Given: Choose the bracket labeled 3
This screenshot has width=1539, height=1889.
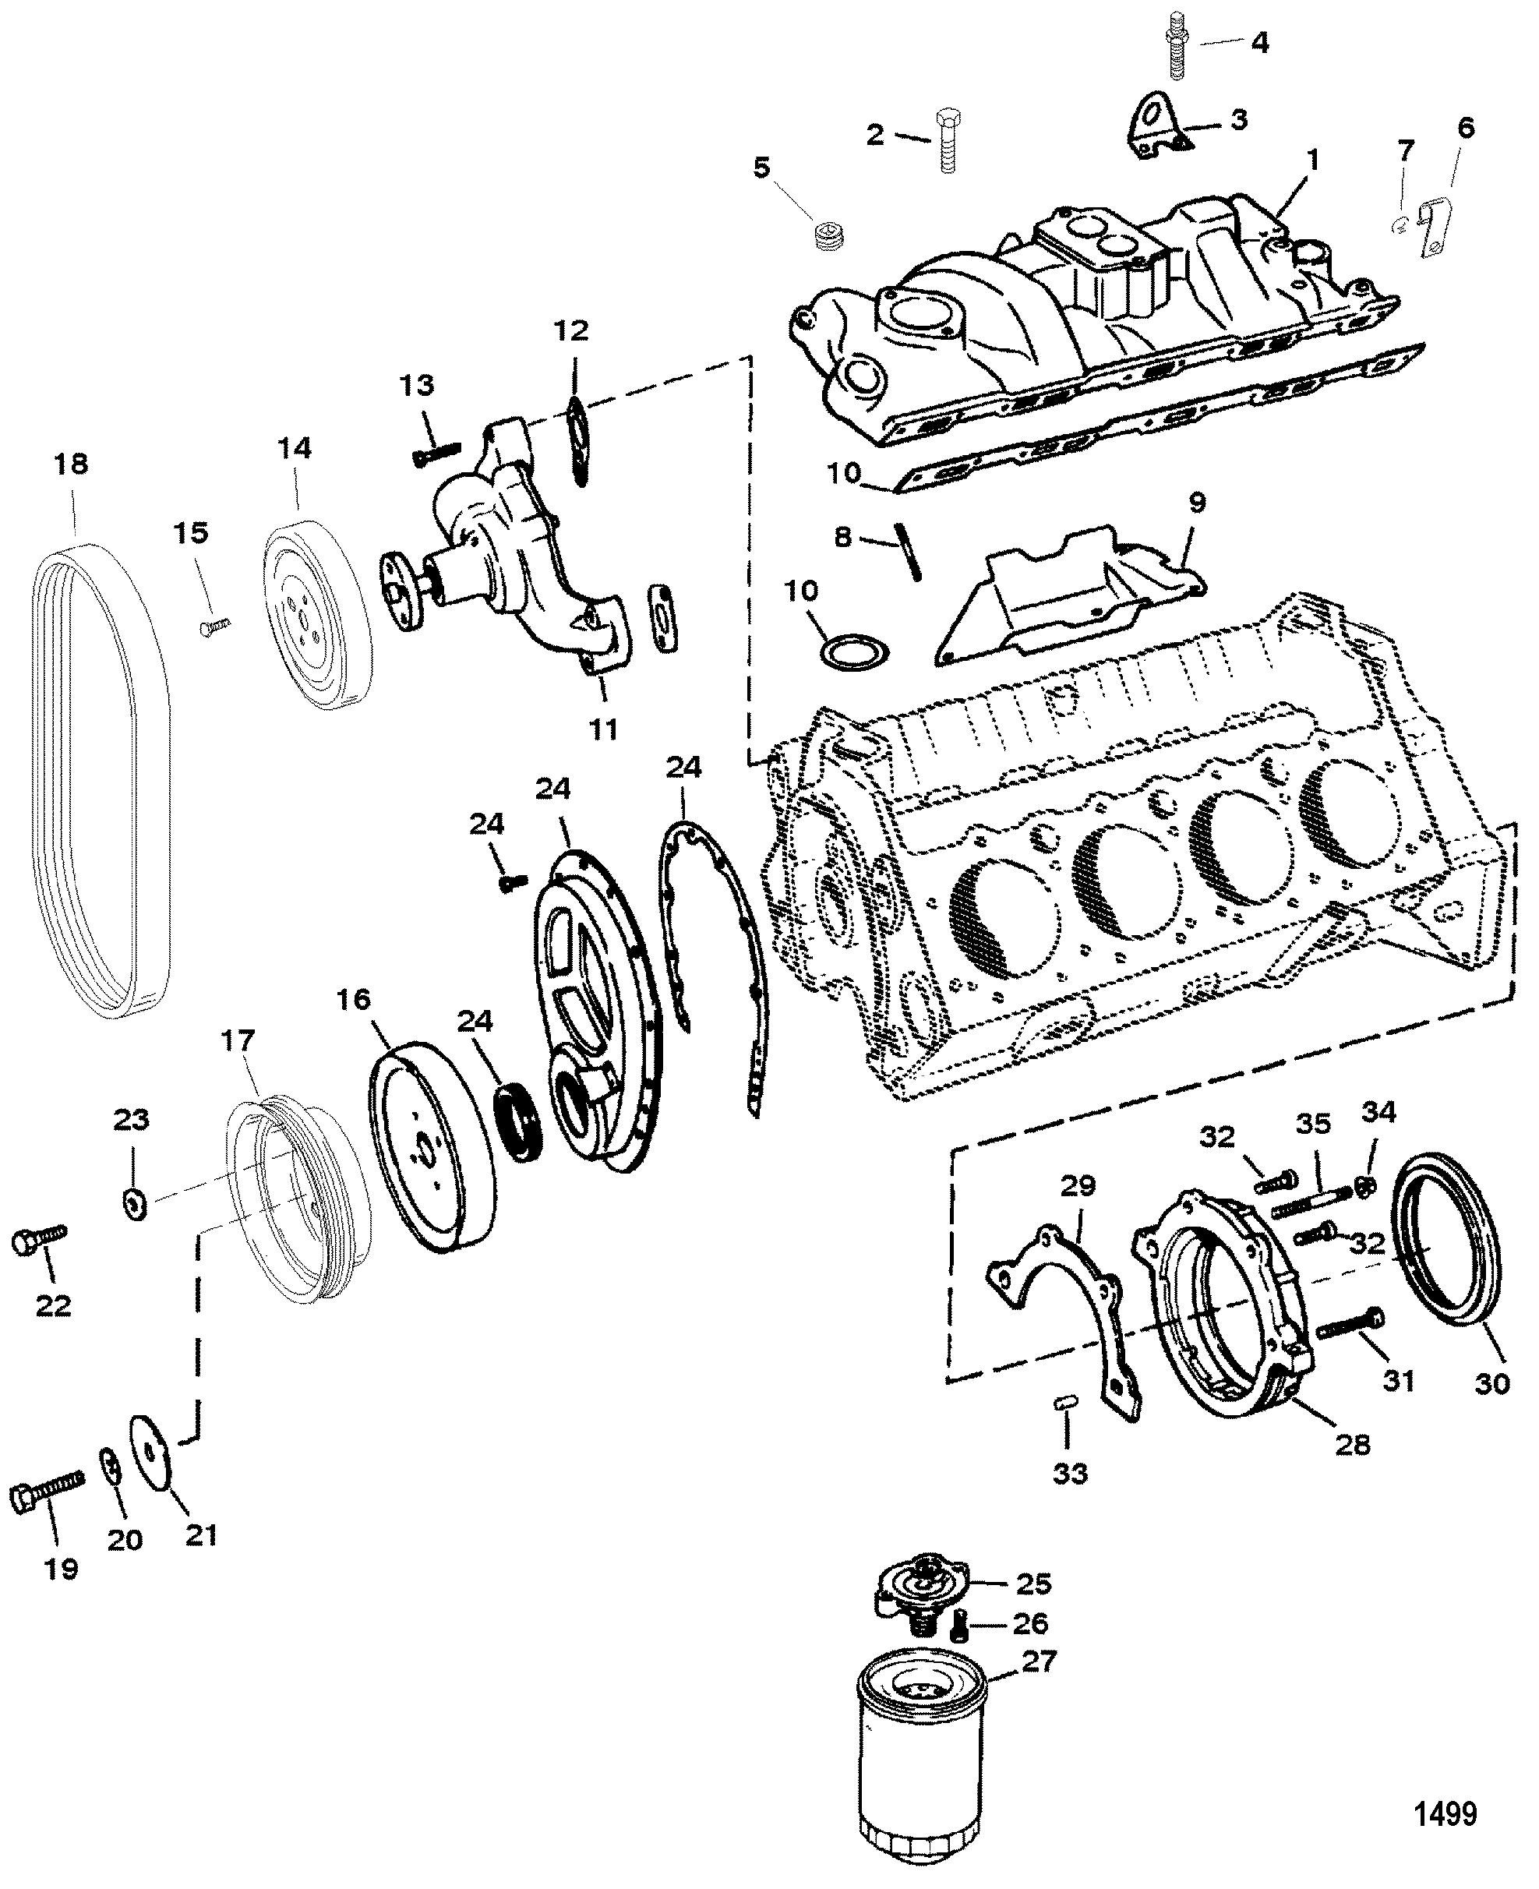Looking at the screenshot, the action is (1154, 130).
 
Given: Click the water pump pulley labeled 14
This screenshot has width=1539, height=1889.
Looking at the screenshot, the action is (320, 617).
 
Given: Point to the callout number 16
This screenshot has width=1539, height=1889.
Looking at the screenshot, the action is (353, 1000).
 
